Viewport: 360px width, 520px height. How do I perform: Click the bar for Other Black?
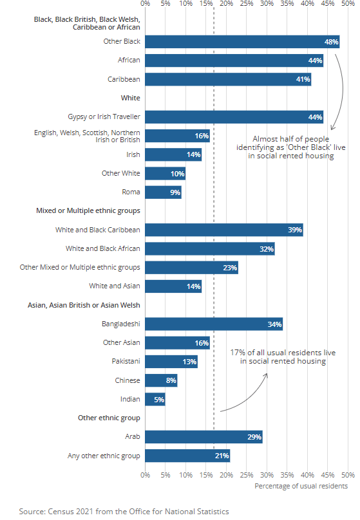coord(242,42)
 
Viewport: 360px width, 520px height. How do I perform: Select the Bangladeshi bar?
coord(213,324)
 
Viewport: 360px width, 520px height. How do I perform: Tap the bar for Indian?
coord(155,400)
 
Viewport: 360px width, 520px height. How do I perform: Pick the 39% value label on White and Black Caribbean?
coord(295,230)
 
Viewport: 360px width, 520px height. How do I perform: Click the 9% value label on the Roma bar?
coord(175,192)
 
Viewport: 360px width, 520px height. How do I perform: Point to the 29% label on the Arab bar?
coord(254,438)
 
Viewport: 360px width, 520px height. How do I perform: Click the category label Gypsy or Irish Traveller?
coord(104,117)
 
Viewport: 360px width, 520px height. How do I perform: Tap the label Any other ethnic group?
coord(104,456)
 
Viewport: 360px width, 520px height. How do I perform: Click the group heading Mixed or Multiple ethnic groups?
coord(87,210)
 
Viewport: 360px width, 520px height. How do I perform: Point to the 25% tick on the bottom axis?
coord(247,475)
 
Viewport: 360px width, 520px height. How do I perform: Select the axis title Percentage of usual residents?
coord(301,486)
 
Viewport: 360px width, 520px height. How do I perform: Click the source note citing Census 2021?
coord(124,512)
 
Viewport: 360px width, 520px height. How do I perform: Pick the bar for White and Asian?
coord(173,286)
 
